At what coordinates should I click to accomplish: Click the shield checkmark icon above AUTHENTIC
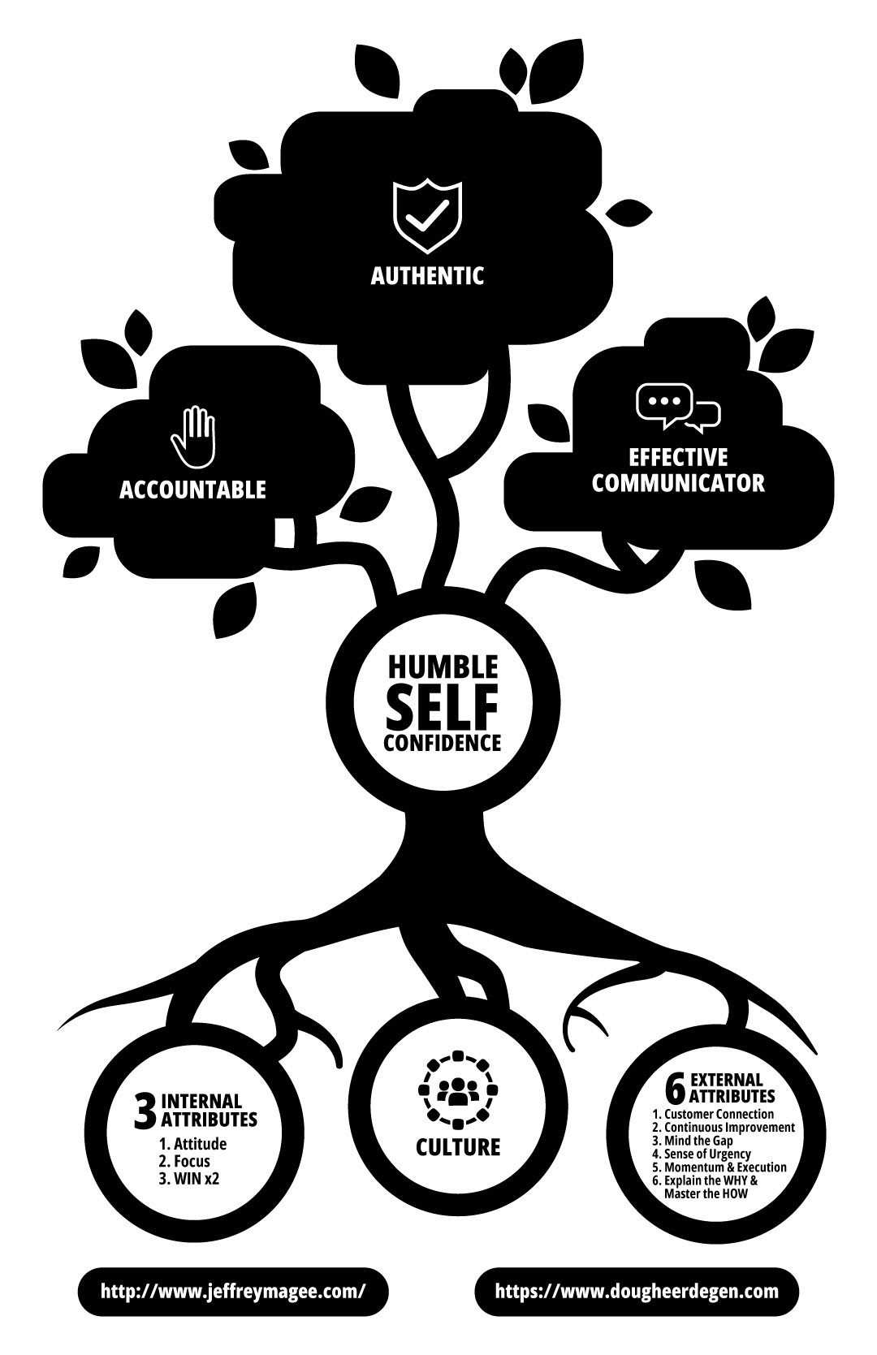[x=427, y=217]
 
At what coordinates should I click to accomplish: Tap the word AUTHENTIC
[x=427, y=276]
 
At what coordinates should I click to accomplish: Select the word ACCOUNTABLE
[x=192, y=490]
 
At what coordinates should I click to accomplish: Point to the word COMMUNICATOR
[x=678, y=483]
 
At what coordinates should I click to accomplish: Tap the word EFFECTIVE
[x=678, y=457]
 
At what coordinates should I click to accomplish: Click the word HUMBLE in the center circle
[x=442, y=667]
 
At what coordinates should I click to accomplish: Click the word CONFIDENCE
[x=442, y=743]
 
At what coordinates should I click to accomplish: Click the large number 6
[x=675, y=1088]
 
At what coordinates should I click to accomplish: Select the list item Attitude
[x=192, y=1144]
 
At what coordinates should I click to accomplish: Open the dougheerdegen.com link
[x=636, y=1291]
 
